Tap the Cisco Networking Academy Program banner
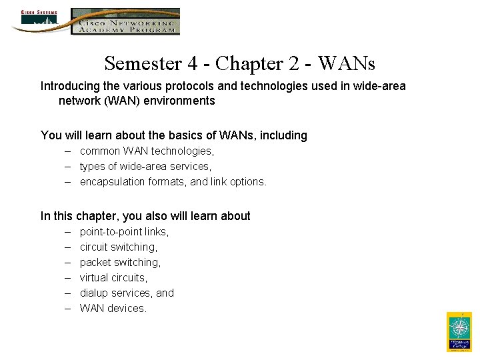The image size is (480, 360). [126, 21]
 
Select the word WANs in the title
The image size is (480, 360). [347, 63]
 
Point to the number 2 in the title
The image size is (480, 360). [291, 63]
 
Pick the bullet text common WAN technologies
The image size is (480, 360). [147, 151]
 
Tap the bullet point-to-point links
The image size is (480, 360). [124, 232]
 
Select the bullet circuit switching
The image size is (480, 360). [119, 247]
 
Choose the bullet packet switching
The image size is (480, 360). [120, 263]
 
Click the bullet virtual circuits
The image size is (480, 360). [113, 278]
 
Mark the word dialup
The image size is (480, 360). [95, 293]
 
